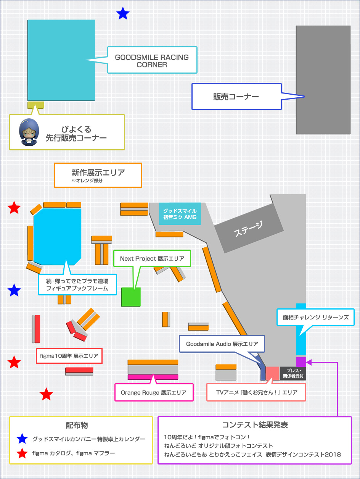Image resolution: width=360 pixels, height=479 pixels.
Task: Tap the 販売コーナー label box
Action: [x=236, y=97]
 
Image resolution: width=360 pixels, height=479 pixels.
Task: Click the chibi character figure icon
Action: [x=29, y=132]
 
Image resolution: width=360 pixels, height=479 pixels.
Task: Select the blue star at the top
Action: [x=123, y=13]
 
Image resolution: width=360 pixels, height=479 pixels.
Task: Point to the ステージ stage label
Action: [x=248, y=229]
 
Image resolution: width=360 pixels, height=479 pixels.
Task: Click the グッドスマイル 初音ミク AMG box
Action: [x=180, y=214]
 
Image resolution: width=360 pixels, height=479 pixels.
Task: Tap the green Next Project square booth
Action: [x=131, y=297]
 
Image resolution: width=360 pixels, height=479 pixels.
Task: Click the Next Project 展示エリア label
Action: [x=152, y=258]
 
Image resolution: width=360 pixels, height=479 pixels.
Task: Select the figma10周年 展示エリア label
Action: [x=69, y=356]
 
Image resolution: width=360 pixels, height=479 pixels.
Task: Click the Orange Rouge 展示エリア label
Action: [x=154, y=392]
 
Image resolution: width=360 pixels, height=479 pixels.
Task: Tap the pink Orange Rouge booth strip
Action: [x=153, y=377]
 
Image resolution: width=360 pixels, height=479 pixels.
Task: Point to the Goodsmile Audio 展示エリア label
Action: [x=222, y=344]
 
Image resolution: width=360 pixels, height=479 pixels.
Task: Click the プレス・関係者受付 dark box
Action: [x=293, y=373]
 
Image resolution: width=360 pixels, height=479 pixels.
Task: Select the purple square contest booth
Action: [x=301, y=362]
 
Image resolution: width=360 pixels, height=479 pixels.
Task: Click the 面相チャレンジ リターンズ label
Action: [x=315, y=317]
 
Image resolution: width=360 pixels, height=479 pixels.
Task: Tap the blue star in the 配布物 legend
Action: [x=22, y=439]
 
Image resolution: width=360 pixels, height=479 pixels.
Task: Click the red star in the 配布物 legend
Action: [x=22, y=453]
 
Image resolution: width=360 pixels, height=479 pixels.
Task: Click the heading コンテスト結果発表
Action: [x=255, y=425]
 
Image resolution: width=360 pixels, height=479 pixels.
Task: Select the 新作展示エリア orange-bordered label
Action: [x=98, y=175]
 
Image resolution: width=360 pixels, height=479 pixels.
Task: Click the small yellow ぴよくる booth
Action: [x=35, y=105]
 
